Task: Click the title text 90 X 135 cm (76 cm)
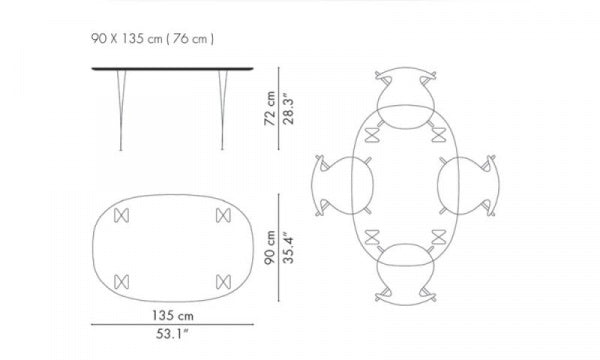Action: click(x=152, y=39)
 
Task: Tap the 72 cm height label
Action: click(x=270, y=108)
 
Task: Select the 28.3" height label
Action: click(x=288, y=111)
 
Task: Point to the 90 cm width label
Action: click(x=270, y=247)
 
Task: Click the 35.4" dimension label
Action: click(x=288, y=247)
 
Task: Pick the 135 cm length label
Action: click(x=173, y=316)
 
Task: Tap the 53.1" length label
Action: click(x=173, y=334)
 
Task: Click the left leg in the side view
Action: click(x=121, y=110)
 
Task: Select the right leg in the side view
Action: click(x=222, y=110)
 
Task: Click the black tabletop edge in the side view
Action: click(x=172, y=69)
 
